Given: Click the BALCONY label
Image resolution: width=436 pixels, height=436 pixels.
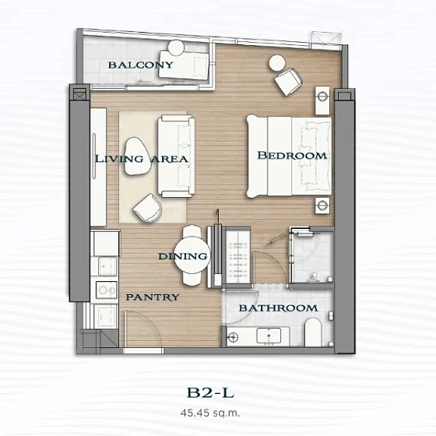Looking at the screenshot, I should (140, 65).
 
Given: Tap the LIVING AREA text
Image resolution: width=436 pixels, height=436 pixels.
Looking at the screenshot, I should (141, 159).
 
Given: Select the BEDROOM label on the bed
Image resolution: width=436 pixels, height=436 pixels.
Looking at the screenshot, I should (292, 156).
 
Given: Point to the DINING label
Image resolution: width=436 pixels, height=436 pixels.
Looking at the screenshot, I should (183, 256).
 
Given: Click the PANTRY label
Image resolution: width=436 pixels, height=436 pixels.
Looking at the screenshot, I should (153, 297).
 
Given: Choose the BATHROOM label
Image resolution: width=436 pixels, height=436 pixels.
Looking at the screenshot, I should (278, 308).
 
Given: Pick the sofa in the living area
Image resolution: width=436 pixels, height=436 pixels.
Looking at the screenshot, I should (174, 156).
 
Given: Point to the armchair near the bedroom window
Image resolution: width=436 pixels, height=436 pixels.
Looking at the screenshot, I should (289, 79).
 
